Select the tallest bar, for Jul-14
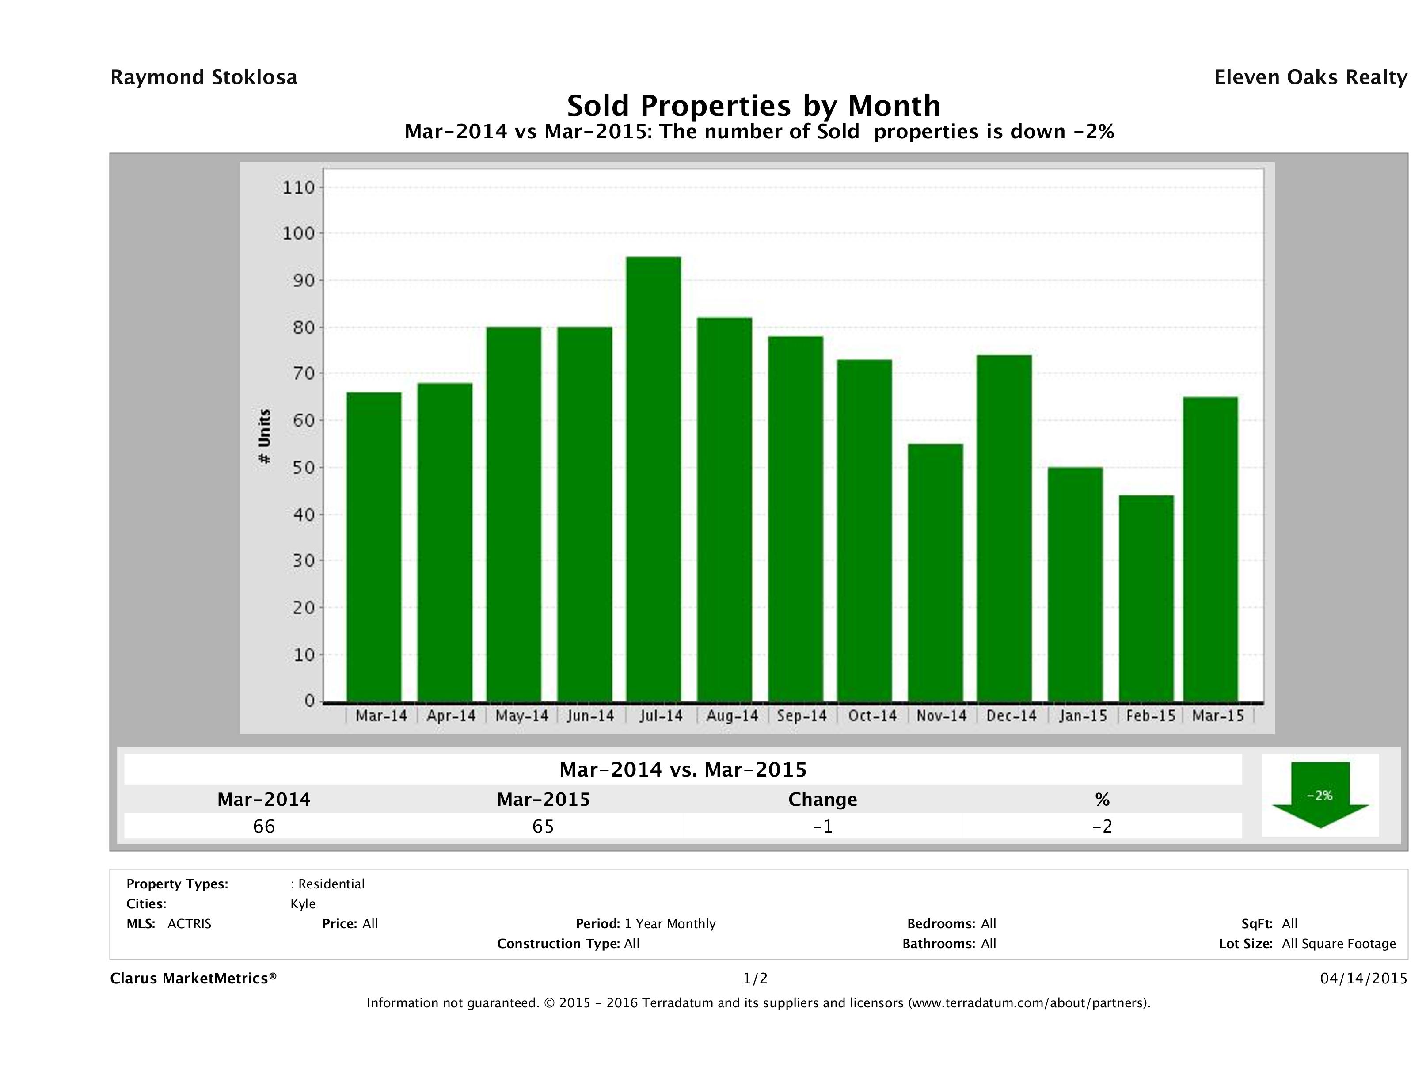[653, 478]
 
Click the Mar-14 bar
[374, 546]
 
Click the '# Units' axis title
[264, 437]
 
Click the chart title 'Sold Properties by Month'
[753, 105]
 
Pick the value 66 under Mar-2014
[264, 826]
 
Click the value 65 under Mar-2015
[543, 826]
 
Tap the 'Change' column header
[823, 800]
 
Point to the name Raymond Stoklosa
[204, 77]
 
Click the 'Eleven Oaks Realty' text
[1310, 77]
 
